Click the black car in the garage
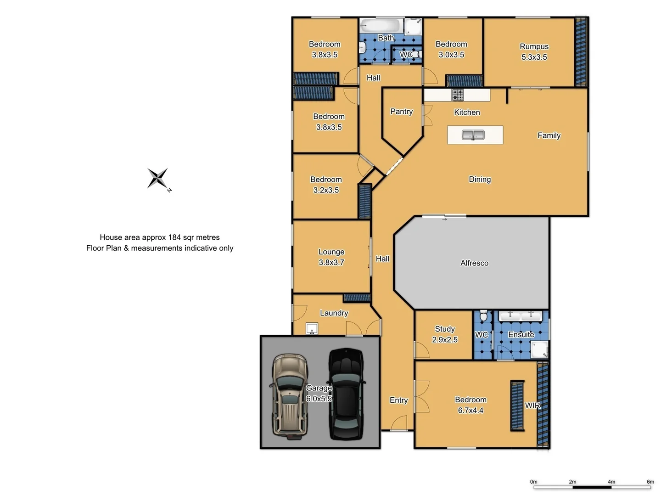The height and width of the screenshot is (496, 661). (x=347, y=394)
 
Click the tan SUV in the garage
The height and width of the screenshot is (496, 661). (x=289, y=395)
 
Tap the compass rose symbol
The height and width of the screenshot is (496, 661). (x=158, y=178)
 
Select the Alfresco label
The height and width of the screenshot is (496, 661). (x=474, y=263)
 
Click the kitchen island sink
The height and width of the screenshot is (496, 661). (x=473, y=135)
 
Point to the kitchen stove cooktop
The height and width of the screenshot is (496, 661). (x=458, y=95)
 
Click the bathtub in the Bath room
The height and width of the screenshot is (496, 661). (x=380, y=25)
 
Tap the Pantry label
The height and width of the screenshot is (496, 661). (x=401, y=112)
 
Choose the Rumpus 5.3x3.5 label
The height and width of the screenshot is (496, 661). (x=534, y=52)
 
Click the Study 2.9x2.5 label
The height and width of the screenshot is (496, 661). (x=444, y=334)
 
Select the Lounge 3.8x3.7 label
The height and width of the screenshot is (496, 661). (x=331, y=257)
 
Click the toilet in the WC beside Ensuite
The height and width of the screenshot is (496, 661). (x=483, y=316)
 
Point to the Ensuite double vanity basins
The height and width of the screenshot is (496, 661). (x=521, y=316)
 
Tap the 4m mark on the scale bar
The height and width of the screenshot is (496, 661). (x=611, y=482)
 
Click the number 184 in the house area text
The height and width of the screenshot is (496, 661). (x=174, y=237)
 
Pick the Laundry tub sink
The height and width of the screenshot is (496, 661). (x=312, y=329)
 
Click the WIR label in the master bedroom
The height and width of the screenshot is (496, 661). (x=532, y=406)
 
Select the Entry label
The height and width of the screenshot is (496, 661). (x=398, y=400)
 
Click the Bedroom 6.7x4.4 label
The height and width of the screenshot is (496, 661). (x=471, y=405)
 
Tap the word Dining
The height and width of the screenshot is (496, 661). (x=480, y=180)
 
